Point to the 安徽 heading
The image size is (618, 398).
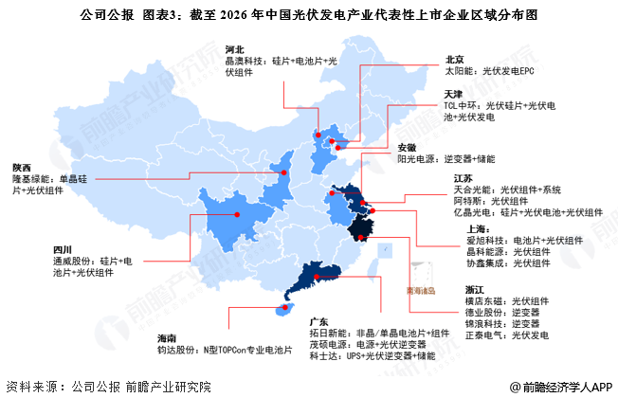pos(407,147)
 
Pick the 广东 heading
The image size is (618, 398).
pos(319,321)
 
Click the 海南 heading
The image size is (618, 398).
pos(168,337)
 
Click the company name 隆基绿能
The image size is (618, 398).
pos(33,178)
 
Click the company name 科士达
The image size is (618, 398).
pos(323,356)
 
